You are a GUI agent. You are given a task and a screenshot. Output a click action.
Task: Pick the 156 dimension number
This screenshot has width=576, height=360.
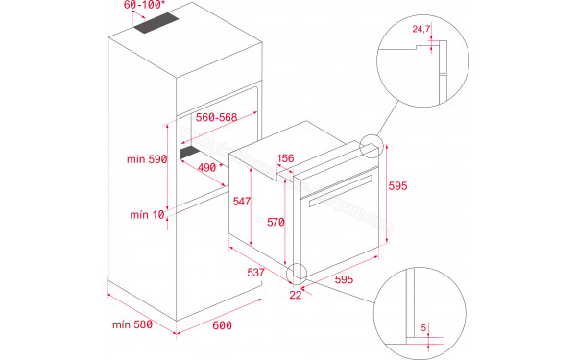[x=284, y=159]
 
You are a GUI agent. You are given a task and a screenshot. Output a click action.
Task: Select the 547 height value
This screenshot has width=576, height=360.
[x=241, y=203]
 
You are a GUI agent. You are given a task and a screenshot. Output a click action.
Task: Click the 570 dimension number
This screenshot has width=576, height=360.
[x=276, y=223]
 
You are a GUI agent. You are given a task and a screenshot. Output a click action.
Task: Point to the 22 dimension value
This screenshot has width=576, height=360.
[x=295, y=295]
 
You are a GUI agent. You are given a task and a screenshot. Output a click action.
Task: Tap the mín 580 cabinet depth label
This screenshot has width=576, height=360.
[x=130, y=324]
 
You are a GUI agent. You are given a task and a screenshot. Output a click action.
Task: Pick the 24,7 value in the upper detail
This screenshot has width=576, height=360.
[x=420, y=30]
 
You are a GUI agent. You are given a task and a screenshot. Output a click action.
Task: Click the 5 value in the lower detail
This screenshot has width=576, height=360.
[x=423, y=327]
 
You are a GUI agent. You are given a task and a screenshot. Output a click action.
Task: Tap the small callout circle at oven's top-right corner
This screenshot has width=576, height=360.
[x=370, y=148]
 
